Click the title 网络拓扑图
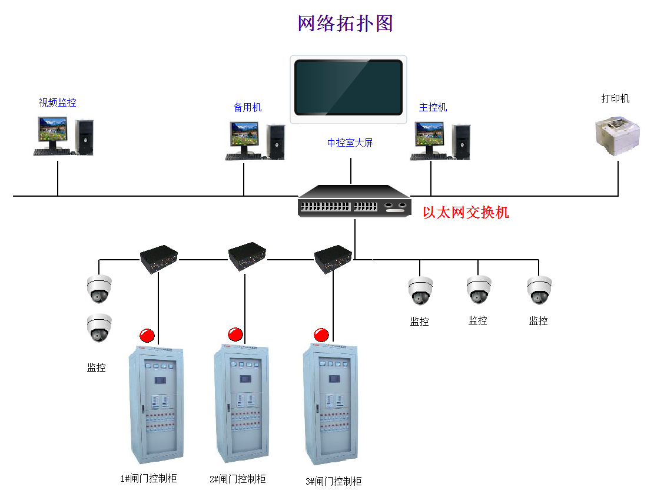click(346, 24)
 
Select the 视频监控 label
click(57, 102)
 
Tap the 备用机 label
click(247, 107)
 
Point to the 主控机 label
click(433, 107)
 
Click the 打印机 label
click(615, 98)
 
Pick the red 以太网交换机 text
click(466, 213)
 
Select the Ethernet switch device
click(354, 201)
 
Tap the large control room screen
click(348, 88)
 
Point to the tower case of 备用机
click(275, 141)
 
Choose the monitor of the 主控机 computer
click(429, 135)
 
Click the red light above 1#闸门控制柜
click(147, 336)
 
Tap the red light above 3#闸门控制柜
click(321, 335)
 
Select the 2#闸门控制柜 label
click(237, 479)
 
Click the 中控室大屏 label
click(350, 143)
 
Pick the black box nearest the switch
click(333, 257)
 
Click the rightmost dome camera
click(539, 290)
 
